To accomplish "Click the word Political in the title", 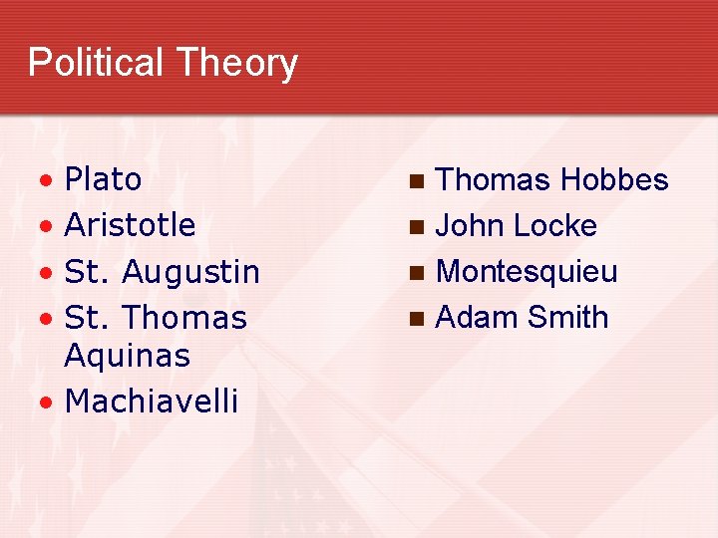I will click(95, 62).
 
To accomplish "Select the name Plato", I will click(103, 179).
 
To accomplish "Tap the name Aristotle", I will click(130, 225).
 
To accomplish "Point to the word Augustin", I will click(192, 272).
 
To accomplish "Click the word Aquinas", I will click(127, 355).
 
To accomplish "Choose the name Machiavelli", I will click(152, 401).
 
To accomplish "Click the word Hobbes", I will click(614, 179).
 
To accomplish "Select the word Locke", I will click(554, 225).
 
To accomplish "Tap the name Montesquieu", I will click(528, 271).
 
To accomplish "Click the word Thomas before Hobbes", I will click(494, 179).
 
